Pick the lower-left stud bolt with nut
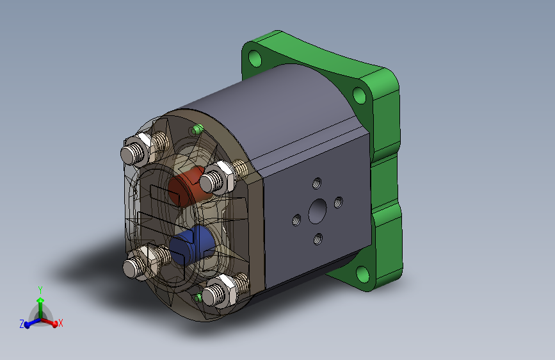[x=146, y=261]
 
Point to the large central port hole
[x=318, y=211]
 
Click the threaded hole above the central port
[x=317, y=183]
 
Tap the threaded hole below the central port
[x=318, y=239]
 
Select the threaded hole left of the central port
[x=296, y=220]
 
